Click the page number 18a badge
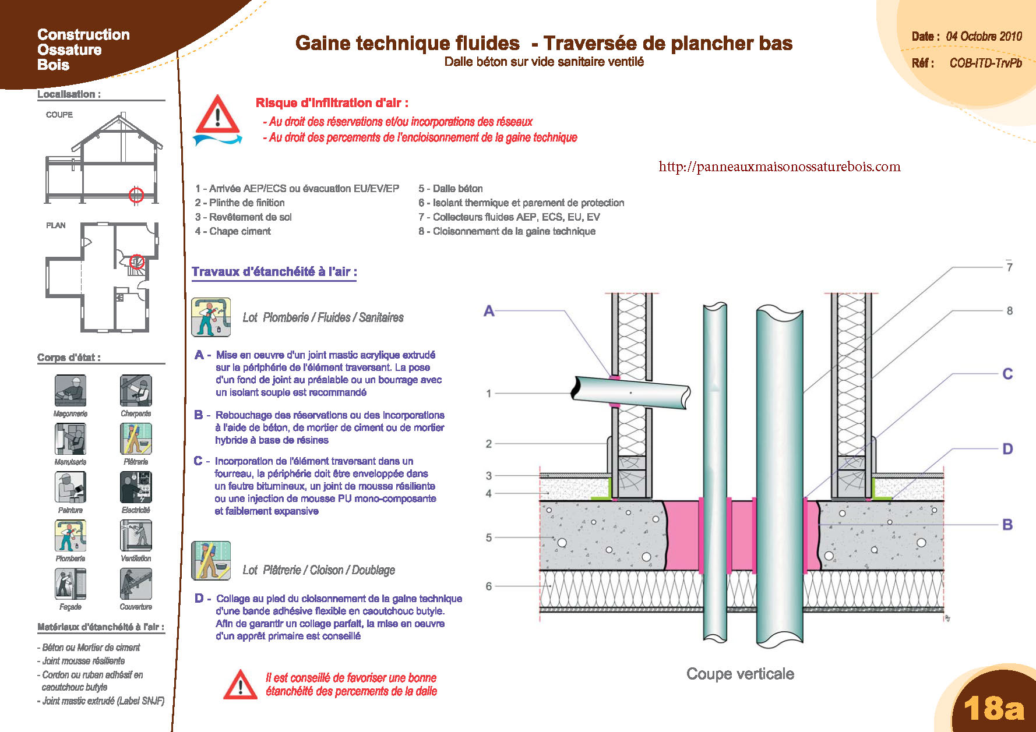point(993,708)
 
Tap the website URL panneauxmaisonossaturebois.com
point(779,167)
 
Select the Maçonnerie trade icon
point(71,390)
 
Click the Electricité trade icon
point(136,487)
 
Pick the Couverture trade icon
point(136,584)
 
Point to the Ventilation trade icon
point(136,535)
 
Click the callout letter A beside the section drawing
point(489,311)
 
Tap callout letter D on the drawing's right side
point(1007,449)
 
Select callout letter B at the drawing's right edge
point(1007,525)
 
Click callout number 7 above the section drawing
point(1009,267)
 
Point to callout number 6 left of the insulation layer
point(488,586)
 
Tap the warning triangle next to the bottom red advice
point(240,684)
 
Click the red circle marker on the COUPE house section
point(136,195)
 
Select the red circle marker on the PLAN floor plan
point(136,261)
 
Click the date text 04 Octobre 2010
point(984,36)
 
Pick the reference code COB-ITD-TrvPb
point(985,63)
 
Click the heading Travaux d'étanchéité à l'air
point(274,271)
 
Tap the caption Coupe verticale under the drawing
point(740,674)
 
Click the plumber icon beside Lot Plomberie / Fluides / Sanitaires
point(211,317)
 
